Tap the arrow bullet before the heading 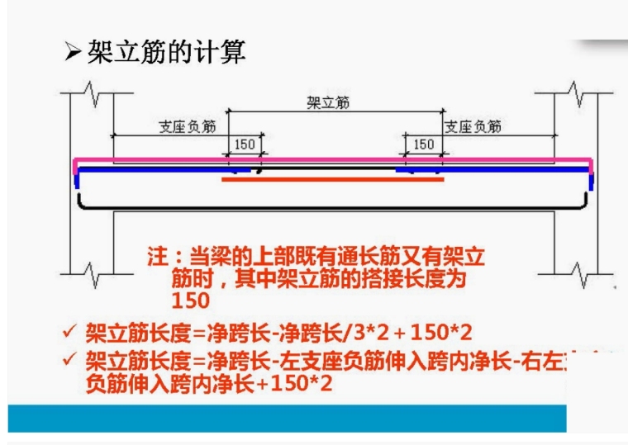(73, 54)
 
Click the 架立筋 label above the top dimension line (328, 102)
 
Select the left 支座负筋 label (188, 127)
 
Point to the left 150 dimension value (245, 144)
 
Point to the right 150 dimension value (423, 144)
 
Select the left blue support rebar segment (157, 169)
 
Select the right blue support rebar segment (496, 169)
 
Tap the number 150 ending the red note (190, 300)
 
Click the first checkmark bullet (70, 334)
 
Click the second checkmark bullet (70, 360)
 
